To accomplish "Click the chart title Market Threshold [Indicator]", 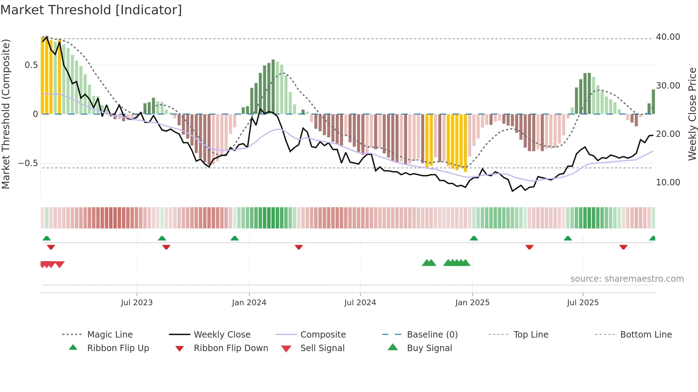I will tap(91, 10).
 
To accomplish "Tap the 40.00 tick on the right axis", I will tap(668, 37).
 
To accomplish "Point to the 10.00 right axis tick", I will tap(668, 182).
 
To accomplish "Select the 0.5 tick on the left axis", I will tap(31, 65).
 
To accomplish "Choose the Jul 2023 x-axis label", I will tap(137, 303).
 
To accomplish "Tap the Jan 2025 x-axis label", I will tap(472, 303).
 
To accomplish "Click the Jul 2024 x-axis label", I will tap(360, 303).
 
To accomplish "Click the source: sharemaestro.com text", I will tap(627, 279).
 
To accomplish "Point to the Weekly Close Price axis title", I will tap(692, 114).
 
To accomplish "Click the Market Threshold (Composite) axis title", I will tap(6, 114).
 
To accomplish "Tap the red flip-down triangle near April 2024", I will tap(299, 247).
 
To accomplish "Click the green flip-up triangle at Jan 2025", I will tap(474, 238).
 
